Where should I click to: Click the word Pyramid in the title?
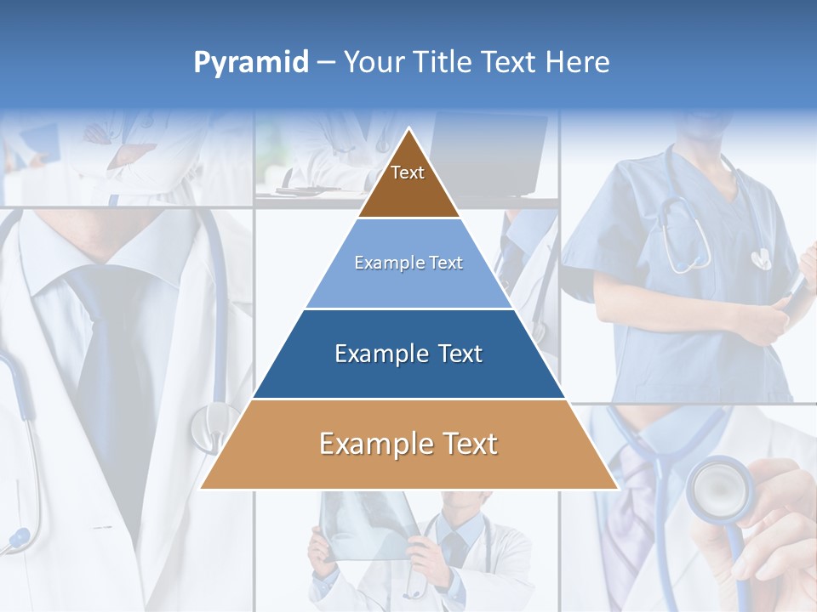[x=250, y=63]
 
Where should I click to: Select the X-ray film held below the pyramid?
[x=366, y=523]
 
